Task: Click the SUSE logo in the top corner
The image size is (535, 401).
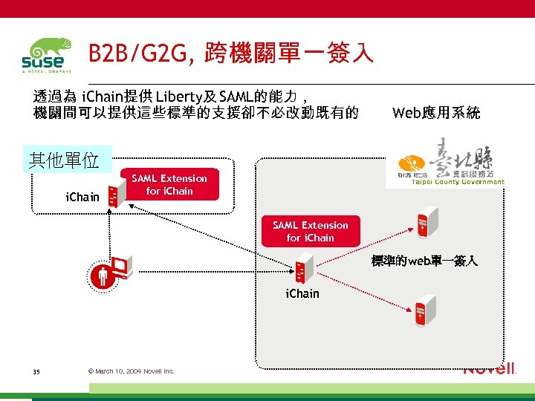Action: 46,56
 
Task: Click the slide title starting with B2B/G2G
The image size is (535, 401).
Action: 230,53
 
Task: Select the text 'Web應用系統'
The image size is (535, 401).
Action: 436,113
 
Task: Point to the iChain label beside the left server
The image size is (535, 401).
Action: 82,197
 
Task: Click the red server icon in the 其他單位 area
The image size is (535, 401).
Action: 114,196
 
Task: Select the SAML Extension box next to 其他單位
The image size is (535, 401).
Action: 169,184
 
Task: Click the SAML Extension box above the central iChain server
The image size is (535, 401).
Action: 310,231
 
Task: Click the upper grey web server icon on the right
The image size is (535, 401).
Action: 426,221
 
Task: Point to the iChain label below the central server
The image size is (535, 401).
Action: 302,293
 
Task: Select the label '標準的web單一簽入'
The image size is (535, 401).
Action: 424,261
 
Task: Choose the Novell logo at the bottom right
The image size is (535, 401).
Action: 489,369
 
